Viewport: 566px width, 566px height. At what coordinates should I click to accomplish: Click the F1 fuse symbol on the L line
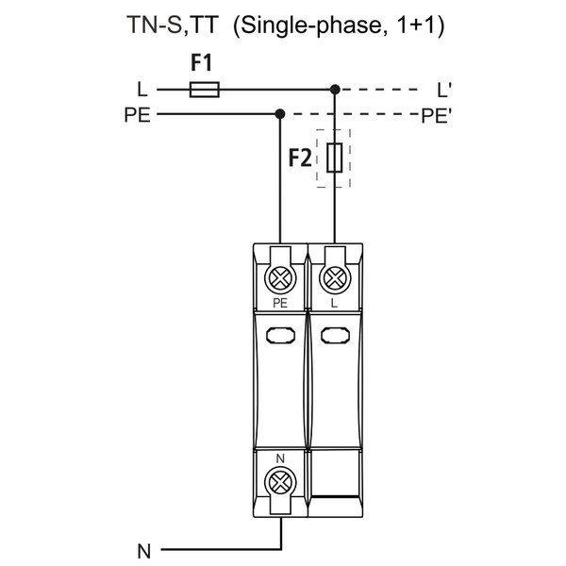point(205,90)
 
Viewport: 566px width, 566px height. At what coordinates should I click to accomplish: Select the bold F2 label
point(300,158)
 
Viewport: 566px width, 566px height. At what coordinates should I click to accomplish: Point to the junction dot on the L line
point(334,90)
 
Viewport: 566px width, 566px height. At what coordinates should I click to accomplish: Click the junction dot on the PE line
point(280,114)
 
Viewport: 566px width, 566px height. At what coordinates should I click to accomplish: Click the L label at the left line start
point(141,91)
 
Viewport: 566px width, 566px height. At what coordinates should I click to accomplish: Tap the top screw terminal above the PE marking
point(280,278)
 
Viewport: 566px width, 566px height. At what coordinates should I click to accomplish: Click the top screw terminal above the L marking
point(333,278)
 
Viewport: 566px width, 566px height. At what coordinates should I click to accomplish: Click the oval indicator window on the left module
point(280,334)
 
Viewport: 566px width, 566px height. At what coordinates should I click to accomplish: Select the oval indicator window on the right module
point(333,334)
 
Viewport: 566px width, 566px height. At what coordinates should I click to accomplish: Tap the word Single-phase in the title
point(300,25)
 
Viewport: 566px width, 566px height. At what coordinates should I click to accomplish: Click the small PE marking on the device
point(280,304)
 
